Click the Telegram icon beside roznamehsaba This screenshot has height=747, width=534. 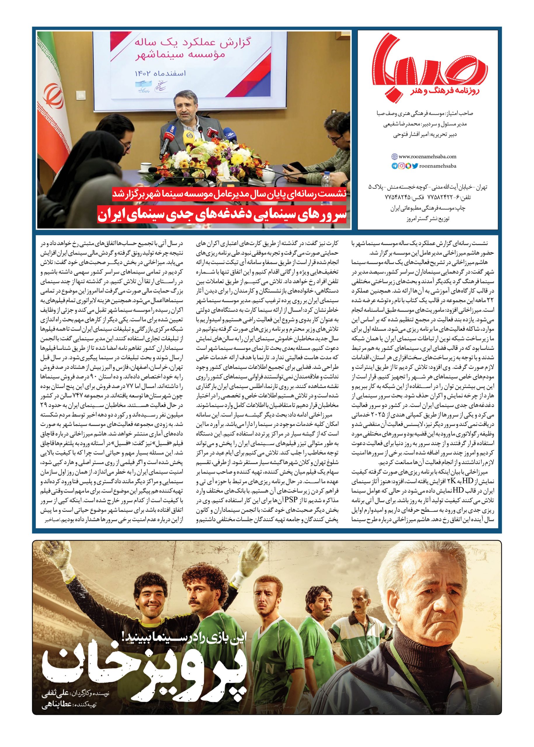coord(394,166)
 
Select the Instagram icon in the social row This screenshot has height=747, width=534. coord(401,166)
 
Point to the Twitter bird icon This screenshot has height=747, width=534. coord(415,166)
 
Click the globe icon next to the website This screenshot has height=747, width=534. coord(394,157)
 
